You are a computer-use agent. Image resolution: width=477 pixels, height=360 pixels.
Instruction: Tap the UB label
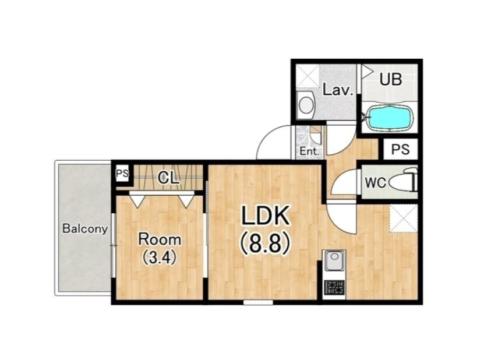[391, 79]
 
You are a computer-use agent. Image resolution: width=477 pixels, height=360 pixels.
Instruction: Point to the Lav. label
[338, 90]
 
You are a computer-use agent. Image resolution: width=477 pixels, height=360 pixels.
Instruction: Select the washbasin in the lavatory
[306, 105]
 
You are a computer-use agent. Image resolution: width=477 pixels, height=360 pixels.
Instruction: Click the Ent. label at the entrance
[309, 151]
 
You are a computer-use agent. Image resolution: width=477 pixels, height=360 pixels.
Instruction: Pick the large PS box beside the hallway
[400, 149]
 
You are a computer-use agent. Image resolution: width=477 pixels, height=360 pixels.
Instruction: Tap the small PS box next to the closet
[122, 174]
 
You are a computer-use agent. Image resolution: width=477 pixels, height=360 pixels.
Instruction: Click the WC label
[376, 183]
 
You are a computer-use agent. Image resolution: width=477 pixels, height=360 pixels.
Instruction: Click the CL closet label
[168, 178]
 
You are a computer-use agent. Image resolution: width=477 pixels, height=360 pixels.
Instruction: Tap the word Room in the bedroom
[160, 240]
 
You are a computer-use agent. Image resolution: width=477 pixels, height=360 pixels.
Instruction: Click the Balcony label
[85, 228]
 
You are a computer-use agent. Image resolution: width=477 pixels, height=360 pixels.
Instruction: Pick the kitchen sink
[334, 261]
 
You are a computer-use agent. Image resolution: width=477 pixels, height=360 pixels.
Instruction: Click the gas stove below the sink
[334, 287]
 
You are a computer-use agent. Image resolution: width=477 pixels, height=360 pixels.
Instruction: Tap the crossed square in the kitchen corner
[404, 219]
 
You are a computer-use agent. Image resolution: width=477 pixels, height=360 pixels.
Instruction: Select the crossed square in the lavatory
[308, 76]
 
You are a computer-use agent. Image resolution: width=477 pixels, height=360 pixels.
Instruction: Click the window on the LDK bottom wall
[258, 302]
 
